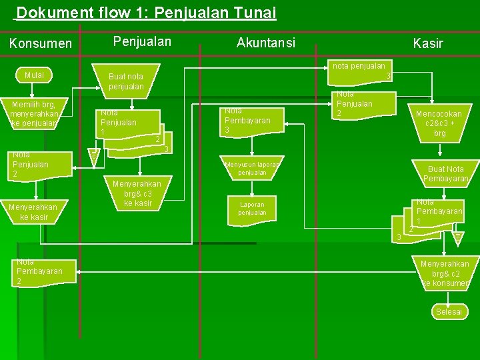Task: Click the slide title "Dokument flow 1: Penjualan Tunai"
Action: [x=145, y=13]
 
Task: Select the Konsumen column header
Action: [x=40, y=44]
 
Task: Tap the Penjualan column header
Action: [x=142, y=41]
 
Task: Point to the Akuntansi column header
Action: [x=265, y=43]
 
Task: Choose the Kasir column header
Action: [x=428, y=43]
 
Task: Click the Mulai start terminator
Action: [x=34, y=76]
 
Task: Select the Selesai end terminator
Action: [x=449, y=311]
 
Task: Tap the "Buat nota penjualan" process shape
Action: [x=126, y=81]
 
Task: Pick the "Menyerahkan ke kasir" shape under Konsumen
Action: [x=34, y=212]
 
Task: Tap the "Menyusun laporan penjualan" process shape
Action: [x=252, y=169]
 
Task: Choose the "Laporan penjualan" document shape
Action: [x=252, y=209]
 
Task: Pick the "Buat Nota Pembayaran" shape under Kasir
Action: [x=445, y=173]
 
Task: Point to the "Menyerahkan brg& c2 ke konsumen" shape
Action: [x=445, y=273]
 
